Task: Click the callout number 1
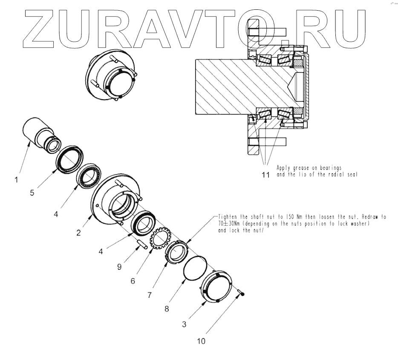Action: [x=17, y=179]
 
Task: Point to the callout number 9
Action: [x=119, y=267]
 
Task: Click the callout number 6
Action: [x=133, y=281]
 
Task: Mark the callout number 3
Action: [x=184, y=324]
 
